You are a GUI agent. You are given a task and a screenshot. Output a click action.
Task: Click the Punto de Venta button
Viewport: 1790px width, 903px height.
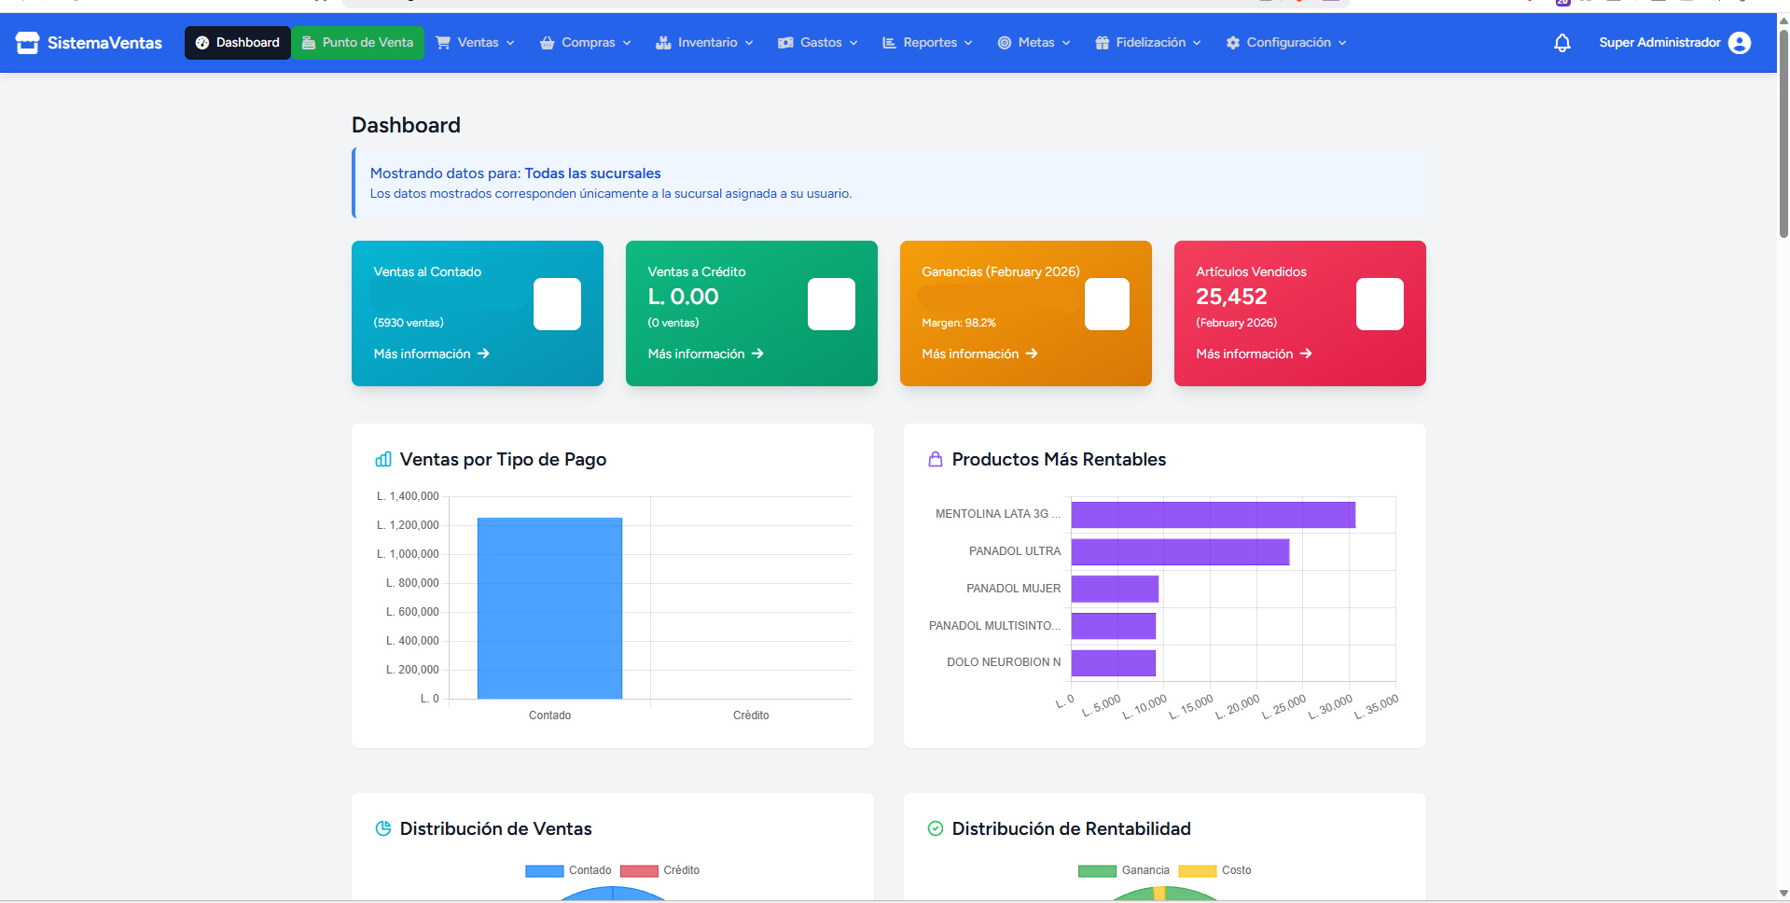pos(358,43)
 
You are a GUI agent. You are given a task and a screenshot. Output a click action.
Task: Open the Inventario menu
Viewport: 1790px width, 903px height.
pos(704,43)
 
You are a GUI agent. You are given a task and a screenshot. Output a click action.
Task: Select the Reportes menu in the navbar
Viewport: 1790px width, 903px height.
pos(927,43)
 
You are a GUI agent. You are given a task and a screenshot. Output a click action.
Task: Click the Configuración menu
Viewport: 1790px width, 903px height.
pos(1286,43)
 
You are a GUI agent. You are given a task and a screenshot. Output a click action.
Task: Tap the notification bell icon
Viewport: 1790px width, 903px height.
pos(1562,43)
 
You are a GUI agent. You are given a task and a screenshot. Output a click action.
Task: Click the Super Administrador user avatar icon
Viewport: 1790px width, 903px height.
pos(1740,43)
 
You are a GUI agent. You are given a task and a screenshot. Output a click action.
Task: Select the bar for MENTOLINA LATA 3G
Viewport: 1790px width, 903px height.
pos(1213,515)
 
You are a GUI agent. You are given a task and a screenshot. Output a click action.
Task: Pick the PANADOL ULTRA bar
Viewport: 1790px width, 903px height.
pos(1180,552)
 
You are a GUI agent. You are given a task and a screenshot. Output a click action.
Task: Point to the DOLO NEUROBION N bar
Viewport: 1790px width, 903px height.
pos(1114,663)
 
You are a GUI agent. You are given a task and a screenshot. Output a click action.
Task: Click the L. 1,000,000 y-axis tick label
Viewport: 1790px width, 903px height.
pos(408,554)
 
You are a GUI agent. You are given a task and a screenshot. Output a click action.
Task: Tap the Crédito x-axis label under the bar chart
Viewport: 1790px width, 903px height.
pos(751,715)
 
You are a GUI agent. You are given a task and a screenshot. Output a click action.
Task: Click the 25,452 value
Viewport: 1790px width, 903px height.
pos(1231,297)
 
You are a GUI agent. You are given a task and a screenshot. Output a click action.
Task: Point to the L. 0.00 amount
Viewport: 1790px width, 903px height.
pos(683,297)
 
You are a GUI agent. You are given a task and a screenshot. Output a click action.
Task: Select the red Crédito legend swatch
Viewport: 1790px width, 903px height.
pos(639,871)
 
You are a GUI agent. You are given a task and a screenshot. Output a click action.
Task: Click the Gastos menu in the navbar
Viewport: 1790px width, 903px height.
pos(818,43)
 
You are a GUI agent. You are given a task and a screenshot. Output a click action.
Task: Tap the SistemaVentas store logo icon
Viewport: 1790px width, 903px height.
pos(27,43)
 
